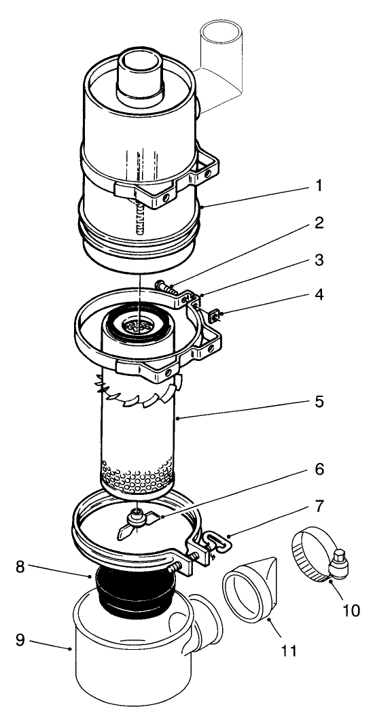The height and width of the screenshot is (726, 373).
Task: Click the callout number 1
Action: (x=319, y=186)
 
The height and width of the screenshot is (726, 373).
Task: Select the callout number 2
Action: (x=319, y=224)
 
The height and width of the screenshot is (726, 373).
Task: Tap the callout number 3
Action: (x=319, y=260)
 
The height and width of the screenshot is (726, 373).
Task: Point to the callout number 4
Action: (x=319, y=296)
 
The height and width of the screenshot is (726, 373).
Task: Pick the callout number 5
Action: (x=319, y=401)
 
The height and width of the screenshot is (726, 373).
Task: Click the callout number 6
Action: (x=319, y=470)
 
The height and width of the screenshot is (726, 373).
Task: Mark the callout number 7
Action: (x=319, y=506)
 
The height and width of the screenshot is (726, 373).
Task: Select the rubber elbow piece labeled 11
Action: (x=251, y=588)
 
